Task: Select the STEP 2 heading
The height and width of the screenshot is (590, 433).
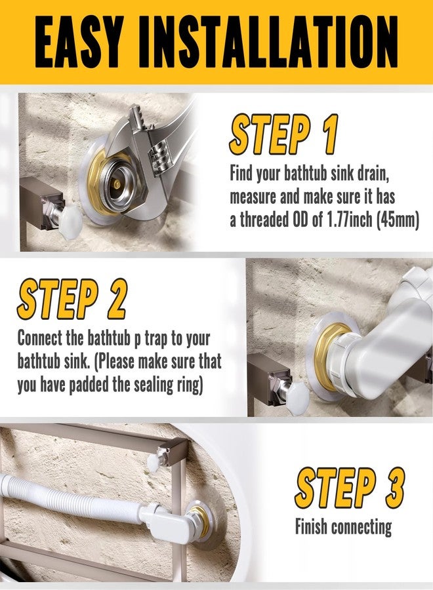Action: coord(72,299)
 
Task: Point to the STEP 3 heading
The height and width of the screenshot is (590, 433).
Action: coord(349,489)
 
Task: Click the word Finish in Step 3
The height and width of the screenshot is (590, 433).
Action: coord(312,526)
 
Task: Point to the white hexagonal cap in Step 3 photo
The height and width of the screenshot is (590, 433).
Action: coord(153,463)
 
